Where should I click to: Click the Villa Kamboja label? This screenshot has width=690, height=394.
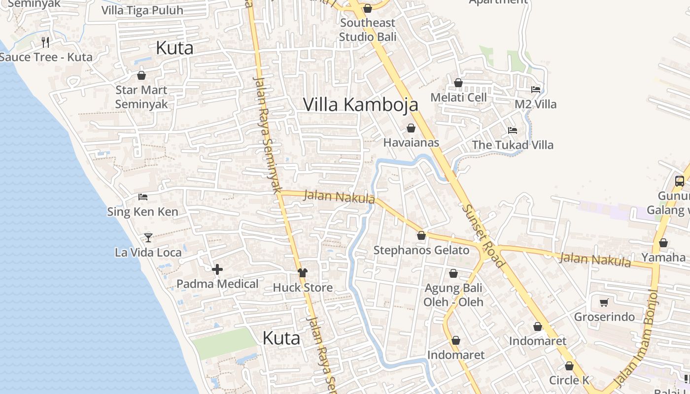pos(360,104)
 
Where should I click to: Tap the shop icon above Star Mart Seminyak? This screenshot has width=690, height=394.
pos(141,75)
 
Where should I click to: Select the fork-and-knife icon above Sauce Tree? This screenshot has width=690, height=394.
pos(45,42)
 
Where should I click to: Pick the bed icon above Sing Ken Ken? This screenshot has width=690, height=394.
pos(143,197)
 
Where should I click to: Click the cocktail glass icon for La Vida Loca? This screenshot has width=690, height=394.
pos(148,238)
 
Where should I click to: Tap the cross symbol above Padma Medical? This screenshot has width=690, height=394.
pos(217,269)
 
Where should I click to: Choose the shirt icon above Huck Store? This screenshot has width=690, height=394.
pos(302,273)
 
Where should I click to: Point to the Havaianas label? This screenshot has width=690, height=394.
pos(411,143)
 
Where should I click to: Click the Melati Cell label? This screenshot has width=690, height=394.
pos(458,98)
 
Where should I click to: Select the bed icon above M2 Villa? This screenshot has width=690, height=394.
pos(536,90)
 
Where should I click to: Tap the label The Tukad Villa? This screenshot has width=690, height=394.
pos(513,145)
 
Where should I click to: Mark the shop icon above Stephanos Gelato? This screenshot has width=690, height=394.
pos(421,236)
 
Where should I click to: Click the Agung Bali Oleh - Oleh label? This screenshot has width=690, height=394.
pos(453,295)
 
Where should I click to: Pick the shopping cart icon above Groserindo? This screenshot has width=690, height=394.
pos(604,302)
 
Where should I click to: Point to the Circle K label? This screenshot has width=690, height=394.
pos(569,380)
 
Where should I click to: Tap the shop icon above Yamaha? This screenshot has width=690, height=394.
pos(663,243)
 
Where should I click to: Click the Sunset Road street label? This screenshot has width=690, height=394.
pos(483,236)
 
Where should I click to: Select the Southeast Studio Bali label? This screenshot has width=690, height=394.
pos(367,30)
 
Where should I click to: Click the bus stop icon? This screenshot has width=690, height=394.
pos(680,181)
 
